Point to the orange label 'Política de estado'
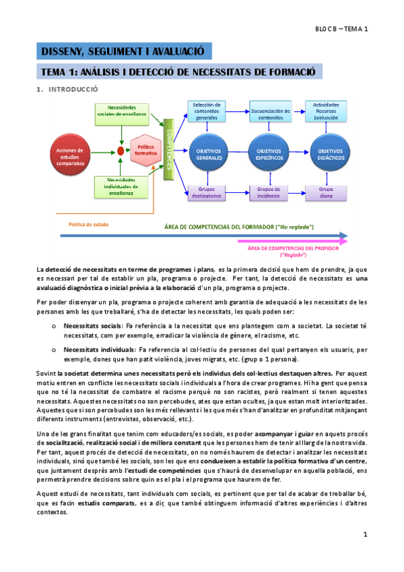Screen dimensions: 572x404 tap(89, 225)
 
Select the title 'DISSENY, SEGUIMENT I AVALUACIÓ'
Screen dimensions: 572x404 tap(123, 51)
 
